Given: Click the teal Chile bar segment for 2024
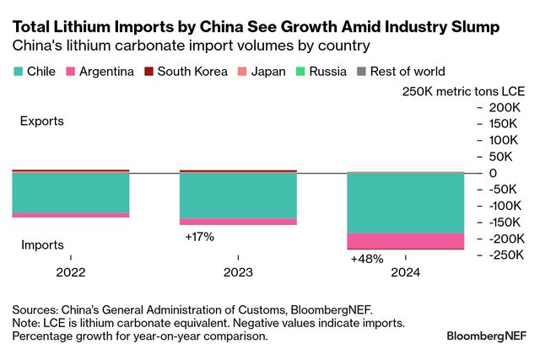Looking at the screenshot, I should click(x=406, y=202).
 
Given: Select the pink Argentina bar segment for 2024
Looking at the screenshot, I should click(x=406, y=241).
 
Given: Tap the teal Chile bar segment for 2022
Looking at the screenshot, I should click(x=70, y=192).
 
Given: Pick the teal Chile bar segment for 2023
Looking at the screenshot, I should click(x=238, y=196).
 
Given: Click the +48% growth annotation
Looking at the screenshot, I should click(x=367, y=259).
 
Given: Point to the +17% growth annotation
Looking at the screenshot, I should click(x=199, y=237).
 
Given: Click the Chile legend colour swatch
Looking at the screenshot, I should click(x=18, y=72).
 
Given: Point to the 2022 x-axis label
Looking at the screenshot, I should click(x=70, y=272).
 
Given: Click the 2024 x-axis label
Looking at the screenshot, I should click(x=406, y=272).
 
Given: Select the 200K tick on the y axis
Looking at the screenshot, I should click(x=504, y=108).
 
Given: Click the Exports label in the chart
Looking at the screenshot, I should click(x=42, y=121).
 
